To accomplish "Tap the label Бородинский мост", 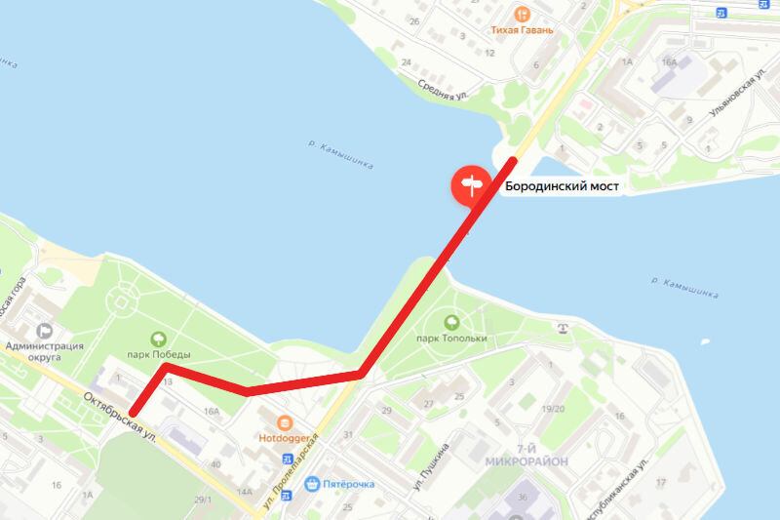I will point(562,185).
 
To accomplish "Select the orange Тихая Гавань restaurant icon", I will point(524,14).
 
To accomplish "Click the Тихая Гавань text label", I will point(523,30).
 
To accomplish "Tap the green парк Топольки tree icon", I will point(451,322).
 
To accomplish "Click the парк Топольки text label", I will point(451,339).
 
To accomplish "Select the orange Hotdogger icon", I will point(284,423).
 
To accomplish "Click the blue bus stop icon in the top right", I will point(721,12).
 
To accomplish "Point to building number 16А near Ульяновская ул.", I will point(669,61).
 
